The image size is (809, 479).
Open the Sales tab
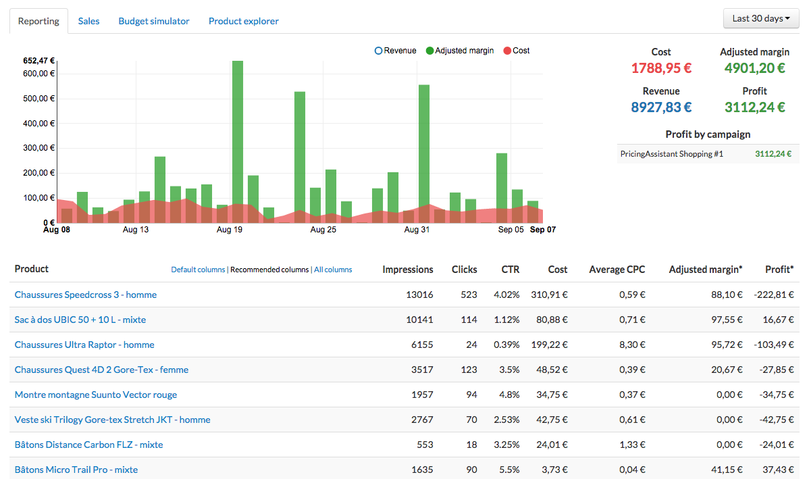88,21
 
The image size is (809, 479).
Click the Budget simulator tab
154,21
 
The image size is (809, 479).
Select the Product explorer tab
243,21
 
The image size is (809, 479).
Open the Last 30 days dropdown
761,19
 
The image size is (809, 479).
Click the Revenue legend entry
396,51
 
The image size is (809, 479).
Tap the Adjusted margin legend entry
460,51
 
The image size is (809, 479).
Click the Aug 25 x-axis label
323,230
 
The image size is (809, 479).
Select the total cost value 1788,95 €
661,68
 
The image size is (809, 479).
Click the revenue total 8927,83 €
661,107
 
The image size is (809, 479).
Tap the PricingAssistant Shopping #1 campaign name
671,154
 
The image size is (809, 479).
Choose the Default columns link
198,270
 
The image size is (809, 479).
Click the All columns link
333,270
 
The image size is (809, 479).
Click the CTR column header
511,270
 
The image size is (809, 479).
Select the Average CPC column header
617,270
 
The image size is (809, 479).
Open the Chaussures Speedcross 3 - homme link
86,295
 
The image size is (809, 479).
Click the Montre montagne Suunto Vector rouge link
96,395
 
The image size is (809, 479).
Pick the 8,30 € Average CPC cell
632,345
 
